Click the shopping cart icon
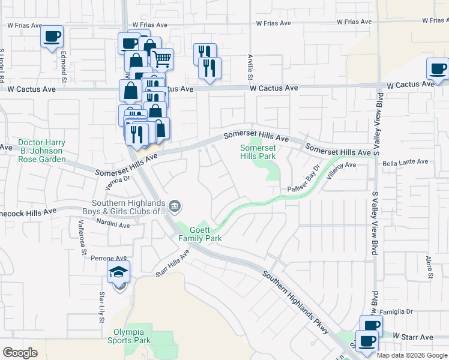tap(161, 59)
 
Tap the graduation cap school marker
tap(119, 272)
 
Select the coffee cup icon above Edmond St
tap(52, 36)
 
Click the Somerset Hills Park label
tap(258, 152)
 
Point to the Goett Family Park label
tap(200, 234)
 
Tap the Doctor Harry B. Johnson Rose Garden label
tap(41, 151)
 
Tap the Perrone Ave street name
tap(109, 258)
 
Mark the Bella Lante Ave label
tap(405, 162)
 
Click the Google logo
tap(20, 353)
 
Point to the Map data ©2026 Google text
tap(411, 355)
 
